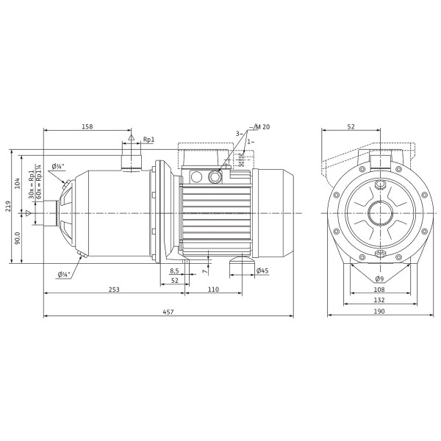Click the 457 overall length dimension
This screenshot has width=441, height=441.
[168, 312]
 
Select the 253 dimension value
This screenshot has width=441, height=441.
[114, 289]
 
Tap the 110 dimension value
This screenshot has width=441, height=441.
[213, 289]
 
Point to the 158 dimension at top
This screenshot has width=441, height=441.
[87, 126]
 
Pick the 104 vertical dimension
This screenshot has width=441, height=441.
[18, 183]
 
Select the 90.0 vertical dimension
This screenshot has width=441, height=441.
[18, 238]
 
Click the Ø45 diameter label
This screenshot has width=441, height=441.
[262, 270]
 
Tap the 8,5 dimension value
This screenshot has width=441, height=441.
[174, 270]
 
